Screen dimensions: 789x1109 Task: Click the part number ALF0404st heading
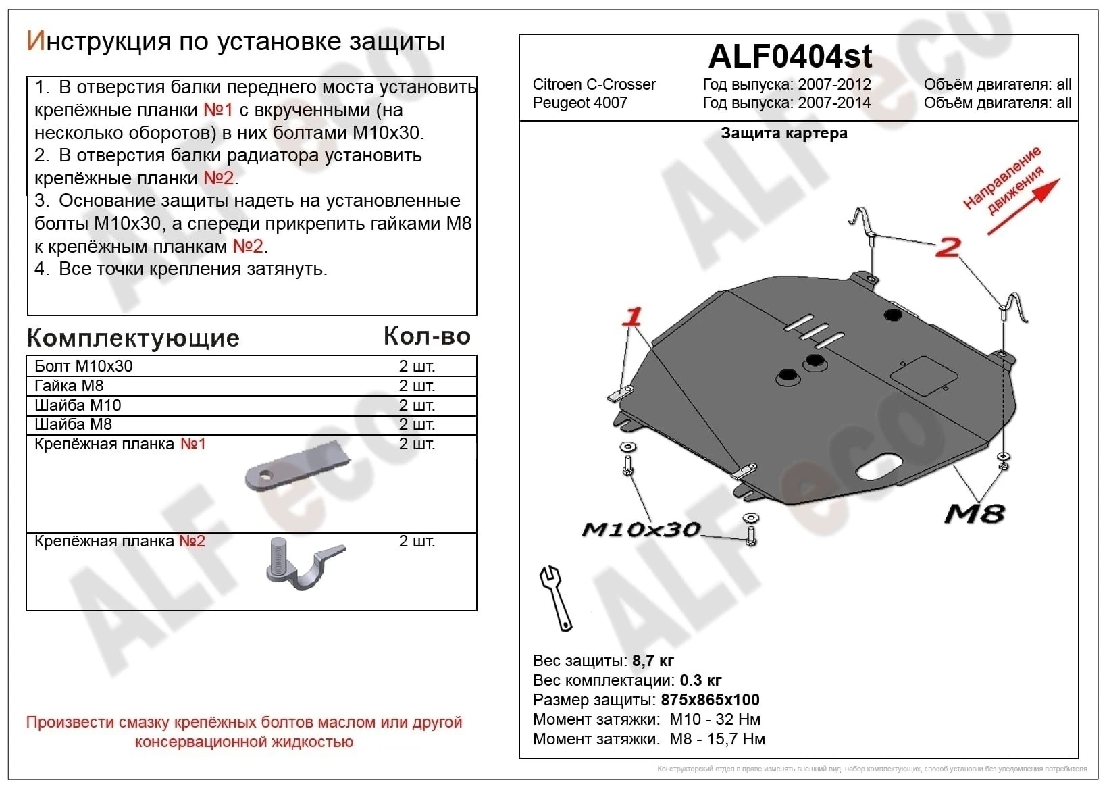790,56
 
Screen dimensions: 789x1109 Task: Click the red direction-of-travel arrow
1024,207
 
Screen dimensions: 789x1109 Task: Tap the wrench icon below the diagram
555,597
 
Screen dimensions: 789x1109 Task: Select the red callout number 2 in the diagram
948,247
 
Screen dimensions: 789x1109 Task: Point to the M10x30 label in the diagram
640,529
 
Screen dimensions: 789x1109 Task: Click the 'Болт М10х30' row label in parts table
84,366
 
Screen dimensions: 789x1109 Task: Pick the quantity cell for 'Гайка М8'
417,386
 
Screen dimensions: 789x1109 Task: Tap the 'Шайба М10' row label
78,405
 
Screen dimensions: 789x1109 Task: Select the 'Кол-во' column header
427,336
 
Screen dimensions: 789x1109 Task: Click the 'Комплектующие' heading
133,338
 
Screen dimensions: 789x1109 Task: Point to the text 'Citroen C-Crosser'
594,84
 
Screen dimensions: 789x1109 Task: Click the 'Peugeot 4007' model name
579,103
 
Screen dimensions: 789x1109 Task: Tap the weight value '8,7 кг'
652,661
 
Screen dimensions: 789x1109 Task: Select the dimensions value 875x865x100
710,700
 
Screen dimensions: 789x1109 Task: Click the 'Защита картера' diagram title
783,133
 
